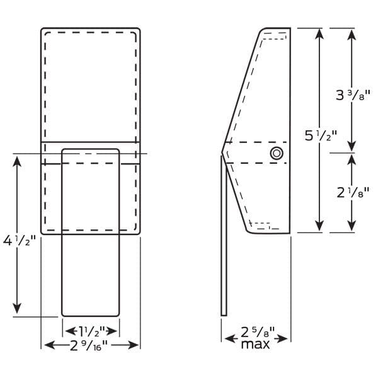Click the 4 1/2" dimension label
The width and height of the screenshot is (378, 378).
(20, 241)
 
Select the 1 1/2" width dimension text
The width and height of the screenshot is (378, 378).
(93, 331)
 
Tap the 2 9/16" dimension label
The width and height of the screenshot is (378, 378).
(88, 345)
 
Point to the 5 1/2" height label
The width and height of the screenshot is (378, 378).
(321, 135)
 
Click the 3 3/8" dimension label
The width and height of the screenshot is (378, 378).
(353, 95)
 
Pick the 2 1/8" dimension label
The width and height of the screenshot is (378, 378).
(353, 193)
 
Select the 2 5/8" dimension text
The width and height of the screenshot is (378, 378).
(258, 332)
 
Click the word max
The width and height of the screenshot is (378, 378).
(255, 344)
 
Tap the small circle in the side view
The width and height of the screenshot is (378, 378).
(277, 153)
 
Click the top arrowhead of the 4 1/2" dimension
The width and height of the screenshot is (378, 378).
(17, 161)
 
